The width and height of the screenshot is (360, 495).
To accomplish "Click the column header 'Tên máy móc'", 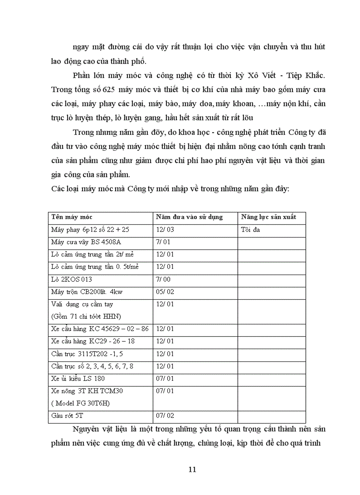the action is tap(72, 217).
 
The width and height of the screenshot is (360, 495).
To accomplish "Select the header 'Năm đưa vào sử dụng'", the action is tap(189, 217).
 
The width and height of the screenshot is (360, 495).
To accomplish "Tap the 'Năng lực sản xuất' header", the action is tap(269, 217).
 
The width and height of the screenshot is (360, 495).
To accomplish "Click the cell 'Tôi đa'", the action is tap(251, 229).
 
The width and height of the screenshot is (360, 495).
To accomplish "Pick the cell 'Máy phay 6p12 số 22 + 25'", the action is tap(90, 230).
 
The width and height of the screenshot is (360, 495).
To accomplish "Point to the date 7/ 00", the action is tap(163, 279).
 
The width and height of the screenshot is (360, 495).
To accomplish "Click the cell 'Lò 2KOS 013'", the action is tap(72, 279).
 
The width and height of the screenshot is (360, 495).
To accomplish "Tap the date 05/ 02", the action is tap(165, 292).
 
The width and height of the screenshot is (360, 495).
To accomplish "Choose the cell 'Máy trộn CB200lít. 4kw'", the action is tap(88, 292).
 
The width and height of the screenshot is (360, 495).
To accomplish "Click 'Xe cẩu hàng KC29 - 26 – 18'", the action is tap(93, 341).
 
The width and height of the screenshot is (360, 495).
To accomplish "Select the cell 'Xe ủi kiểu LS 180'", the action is tap(78, 379).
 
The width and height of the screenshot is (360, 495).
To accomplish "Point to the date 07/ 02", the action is tap(165, 416).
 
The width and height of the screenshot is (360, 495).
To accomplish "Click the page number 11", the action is tap(192, 469).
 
